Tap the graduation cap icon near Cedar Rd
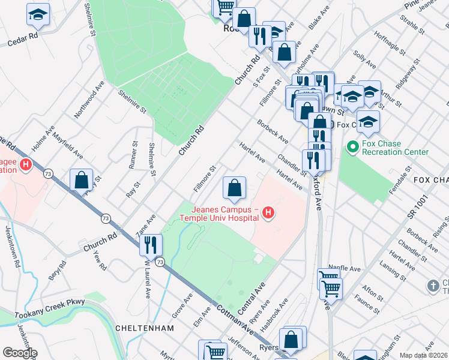pos(38,14)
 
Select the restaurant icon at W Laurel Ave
pos(150,245)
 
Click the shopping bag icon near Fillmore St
pos(235,188)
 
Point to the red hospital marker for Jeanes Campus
pos(268,213)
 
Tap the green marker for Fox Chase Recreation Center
pos(352,146)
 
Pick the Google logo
pos(20,353)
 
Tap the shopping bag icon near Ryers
pos(292,340)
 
